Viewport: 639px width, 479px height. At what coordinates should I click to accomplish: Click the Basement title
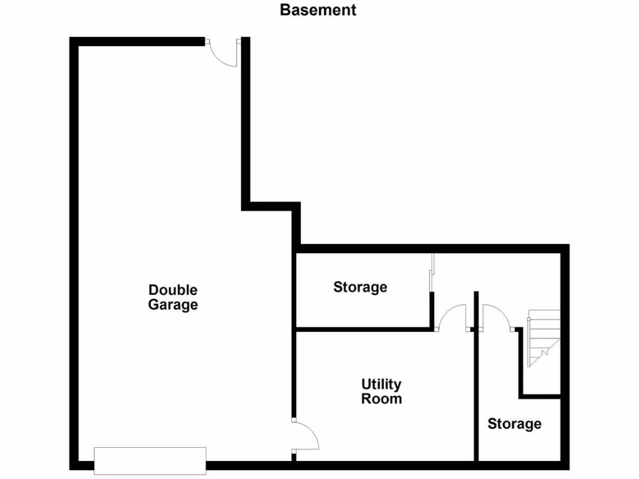tap(318, 10)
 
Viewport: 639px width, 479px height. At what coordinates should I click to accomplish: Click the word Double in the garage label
tap(173, 290)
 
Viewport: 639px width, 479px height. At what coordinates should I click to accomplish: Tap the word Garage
tap(173, 305)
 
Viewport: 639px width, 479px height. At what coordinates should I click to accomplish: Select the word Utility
tap(381, 384)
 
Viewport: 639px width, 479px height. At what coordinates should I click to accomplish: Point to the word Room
tap(381, 399)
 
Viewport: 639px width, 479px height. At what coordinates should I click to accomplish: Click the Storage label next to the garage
tap(360, 287)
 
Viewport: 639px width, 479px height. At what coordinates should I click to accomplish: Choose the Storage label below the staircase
tap(514, 424)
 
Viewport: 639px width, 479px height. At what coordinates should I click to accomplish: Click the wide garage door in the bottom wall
tap(150, 461)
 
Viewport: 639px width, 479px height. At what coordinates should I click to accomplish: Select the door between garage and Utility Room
tap(305, 435)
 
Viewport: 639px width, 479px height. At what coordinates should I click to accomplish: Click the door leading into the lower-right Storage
tap(497, 317)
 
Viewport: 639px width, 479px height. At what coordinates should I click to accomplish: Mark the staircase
tap(544, 338)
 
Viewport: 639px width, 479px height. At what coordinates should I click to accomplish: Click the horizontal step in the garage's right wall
tap(271, 206)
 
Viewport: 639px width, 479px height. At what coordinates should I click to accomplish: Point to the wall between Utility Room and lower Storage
tap(476, 399)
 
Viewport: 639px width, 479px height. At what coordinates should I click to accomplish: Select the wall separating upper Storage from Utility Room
tap(362, 328)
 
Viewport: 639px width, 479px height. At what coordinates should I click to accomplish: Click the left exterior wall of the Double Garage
tap(73, 249)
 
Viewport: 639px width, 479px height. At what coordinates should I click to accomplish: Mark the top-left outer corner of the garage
tap(73, 41)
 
